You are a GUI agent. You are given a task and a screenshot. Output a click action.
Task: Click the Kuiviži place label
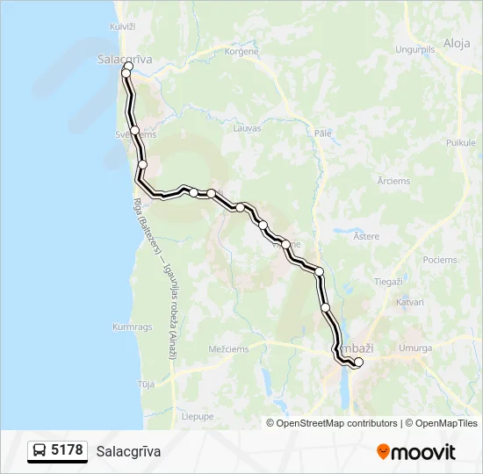tap(122, 27)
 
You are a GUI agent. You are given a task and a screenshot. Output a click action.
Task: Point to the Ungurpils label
tap(416, 49)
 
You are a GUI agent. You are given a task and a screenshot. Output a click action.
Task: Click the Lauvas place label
tap(247, 128)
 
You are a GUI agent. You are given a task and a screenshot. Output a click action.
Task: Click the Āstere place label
tap(365, 236)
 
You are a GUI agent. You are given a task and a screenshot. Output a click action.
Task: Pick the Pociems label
tap(439, 260)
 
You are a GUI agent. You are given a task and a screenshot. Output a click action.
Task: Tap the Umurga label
tap(415, 348)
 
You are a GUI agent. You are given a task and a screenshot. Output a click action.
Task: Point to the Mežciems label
tap(228, 348)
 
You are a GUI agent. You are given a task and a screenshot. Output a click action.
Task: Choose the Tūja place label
tap(146, 384)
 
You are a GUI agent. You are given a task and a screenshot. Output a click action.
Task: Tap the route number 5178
tap(68, 451)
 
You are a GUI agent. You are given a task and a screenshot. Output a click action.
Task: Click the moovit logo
tap(416, 452)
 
